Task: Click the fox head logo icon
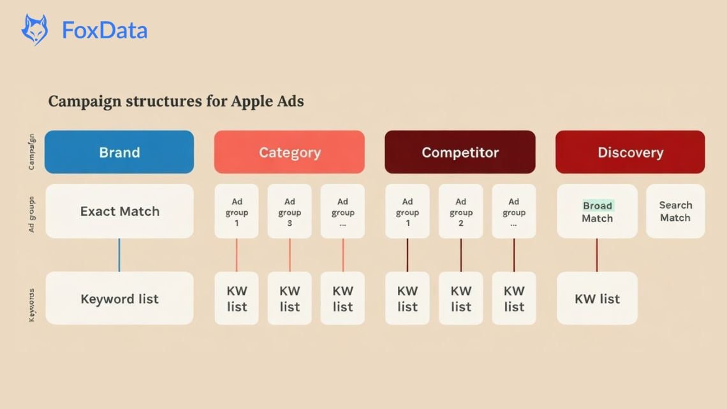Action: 34,30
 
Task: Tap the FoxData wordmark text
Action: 105,31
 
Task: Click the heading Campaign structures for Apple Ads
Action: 176,101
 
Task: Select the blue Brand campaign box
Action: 119,152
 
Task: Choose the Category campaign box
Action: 290,152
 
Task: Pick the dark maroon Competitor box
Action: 460,152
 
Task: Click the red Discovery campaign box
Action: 630,152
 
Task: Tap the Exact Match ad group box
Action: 119,211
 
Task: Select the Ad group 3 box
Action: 290,211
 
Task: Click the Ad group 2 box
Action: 460,211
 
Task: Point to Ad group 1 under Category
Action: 237,211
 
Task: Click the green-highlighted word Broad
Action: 598,205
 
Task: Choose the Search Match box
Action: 675,211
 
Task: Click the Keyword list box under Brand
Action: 119,299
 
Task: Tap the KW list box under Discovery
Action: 597,299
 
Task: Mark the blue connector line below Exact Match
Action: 119,255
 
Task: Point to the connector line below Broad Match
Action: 597,255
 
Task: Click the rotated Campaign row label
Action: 32,152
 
